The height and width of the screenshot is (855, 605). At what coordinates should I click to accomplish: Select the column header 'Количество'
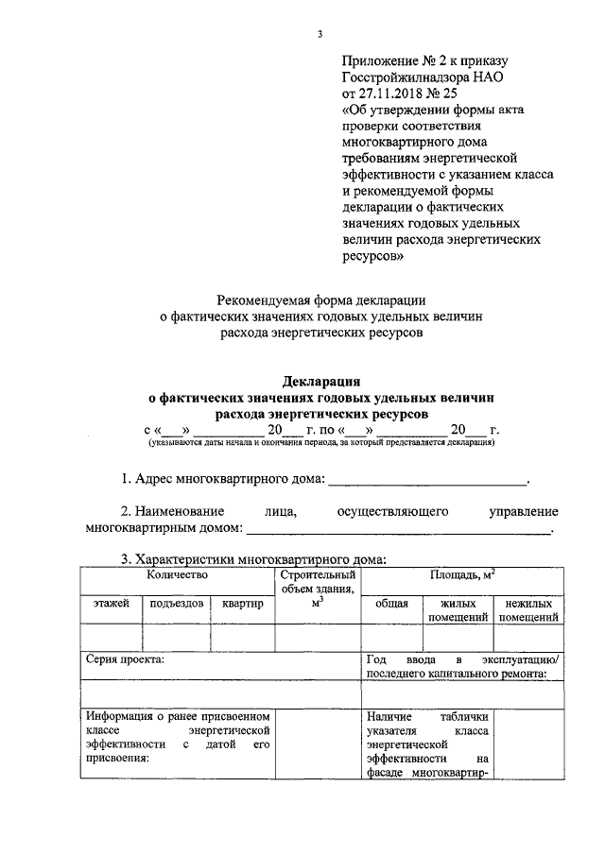coord(177,573)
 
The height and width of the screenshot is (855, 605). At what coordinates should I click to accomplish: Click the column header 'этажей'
coord(111,604)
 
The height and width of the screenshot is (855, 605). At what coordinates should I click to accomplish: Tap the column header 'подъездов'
coord(174,604)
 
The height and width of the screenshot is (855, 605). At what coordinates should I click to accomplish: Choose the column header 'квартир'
coord(242,604)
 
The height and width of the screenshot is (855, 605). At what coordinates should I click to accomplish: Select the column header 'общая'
coord(390,604)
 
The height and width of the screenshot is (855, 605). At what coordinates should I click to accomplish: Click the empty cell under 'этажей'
coord(111,638)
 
